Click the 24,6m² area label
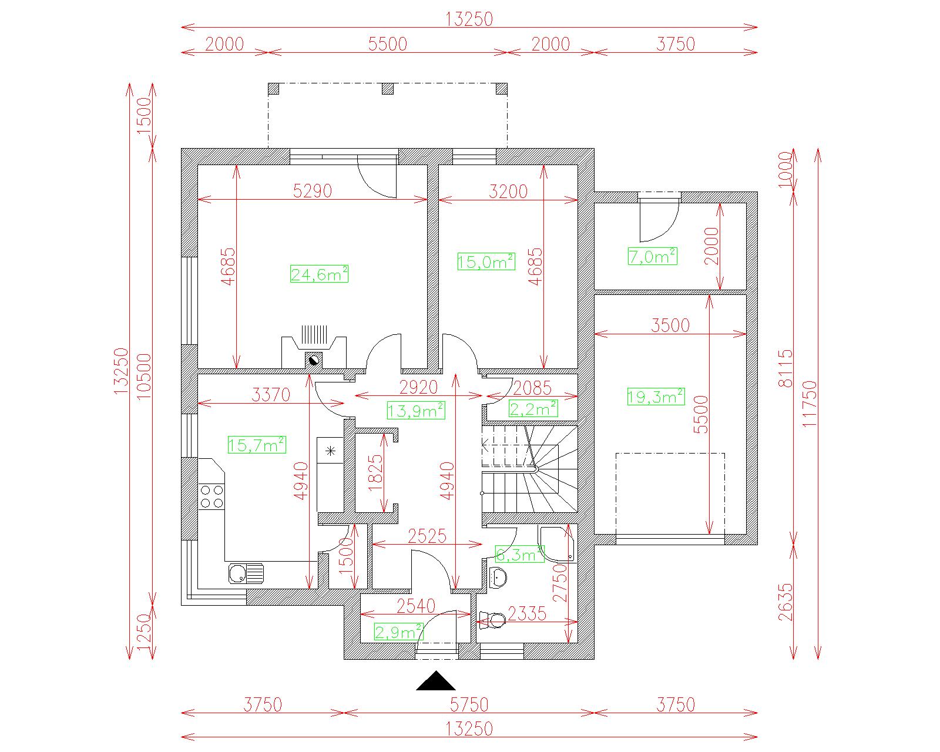(x=319, y=274)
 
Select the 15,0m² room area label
(x=486, y=261)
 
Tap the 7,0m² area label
(x=653, y=256)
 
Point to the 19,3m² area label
(x=656, y=397)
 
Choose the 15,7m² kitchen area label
(x=257, y=444)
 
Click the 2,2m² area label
(x=533, y=408)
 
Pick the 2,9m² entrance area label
(x=398, y=632)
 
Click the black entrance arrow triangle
(x=435, y=680)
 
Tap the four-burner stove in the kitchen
(x=212, y=496)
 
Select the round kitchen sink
(x=237, y=573)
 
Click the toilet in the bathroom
(x=493, y=620)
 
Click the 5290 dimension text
(x=313, y=190)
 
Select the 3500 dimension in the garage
(x=670, y=325)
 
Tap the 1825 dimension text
(x=375, y=473)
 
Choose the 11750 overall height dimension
(x=810, y=403)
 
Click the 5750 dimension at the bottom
(x=469, y=704)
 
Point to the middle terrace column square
(x=387, y=89)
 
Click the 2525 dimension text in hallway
(x=427, y=536)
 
